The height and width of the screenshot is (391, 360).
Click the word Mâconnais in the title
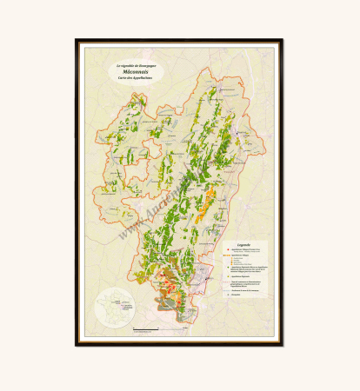coord(135,71)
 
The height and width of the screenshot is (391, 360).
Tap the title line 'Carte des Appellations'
coord(135,78)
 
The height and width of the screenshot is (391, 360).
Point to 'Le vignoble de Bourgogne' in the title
coord(135,64)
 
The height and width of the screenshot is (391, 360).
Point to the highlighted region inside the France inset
coord(115,309)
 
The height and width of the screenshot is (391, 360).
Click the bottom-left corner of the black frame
coord(77,344)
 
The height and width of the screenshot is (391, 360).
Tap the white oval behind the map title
coord(135,71)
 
